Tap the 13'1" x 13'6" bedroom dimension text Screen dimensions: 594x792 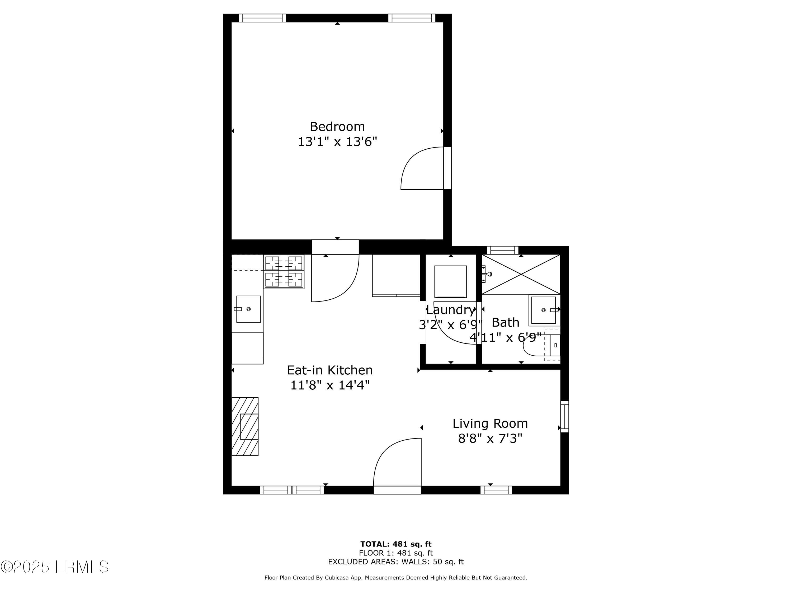click(337, 142)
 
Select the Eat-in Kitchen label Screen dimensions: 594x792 click(329, 370)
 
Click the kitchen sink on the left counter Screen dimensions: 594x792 click(248, 309)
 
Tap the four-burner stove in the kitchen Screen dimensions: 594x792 click(284, 272)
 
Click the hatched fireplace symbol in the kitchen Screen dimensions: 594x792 click(245, 426)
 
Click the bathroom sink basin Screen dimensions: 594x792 click(543, 310)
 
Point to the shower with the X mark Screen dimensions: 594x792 click(521, 274)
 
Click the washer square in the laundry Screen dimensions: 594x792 click(450, 281)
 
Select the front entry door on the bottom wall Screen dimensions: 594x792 click(397, 465)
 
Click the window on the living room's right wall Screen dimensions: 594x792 click(564, 417)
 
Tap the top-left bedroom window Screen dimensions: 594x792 click(262, 18)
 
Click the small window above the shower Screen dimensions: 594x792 click(502, 250)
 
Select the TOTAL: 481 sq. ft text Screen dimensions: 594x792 click(396, 544)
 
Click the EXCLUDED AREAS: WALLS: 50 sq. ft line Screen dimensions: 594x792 click(396, 562)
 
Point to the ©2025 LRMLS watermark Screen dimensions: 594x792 click(54, 567)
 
